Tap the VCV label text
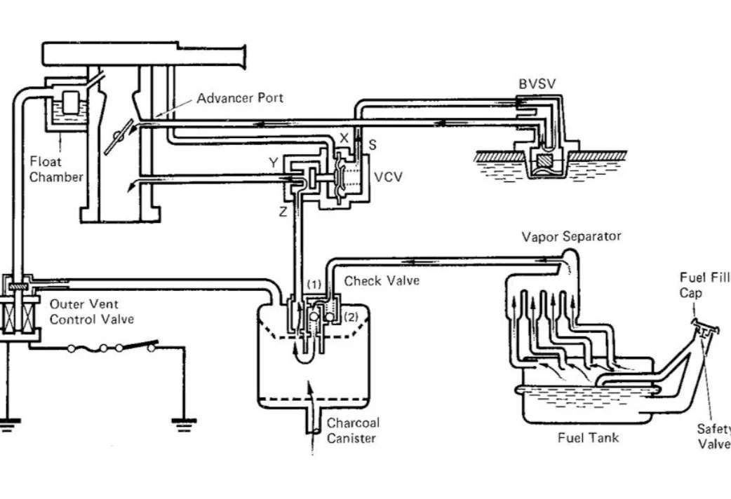click(388, 177)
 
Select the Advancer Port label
click(240, 98)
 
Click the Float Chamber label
click(56, 170)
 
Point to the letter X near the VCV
click(344, 138)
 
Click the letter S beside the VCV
click(373, 144)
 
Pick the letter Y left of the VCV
click(273, 163)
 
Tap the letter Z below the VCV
click(283, 212)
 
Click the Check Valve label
click(382, 281)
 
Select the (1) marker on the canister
click(314, 285)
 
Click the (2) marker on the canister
click(351, 316)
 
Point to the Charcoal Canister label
click(352, 430)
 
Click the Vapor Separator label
click(571, 236)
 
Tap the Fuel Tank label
click(588, 438)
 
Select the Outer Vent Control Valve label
click(91, 312)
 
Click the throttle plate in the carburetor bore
click(116, 137)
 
